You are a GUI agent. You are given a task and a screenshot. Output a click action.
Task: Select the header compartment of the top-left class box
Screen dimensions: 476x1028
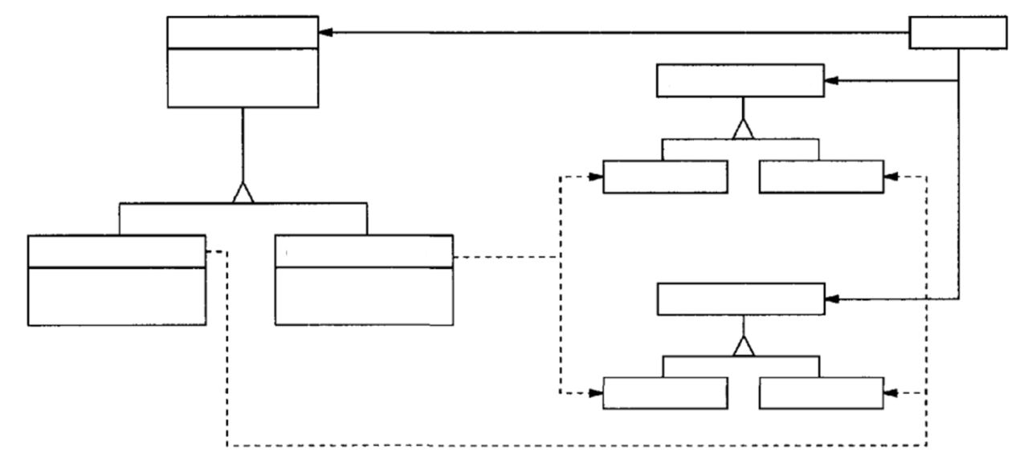[x=243, y=32]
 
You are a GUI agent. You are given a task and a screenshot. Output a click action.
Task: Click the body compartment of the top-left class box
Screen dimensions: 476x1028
[x=243, y=77]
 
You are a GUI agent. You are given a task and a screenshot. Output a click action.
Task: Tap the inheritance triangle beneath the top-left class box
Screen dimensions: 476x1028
[x=243, y=193]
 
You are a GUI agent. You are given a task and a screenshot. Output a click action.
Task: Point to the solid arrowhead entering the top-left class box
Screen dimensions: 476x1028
[x=325, y=32]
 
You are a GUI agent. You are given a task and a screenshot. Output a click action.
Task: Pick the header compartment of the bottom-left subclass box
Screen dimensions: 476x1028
[x=116, y=251]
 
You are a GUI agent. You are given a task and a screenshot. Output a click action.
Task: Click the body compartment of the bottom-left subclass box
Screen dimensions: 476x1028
[x=116, y=296]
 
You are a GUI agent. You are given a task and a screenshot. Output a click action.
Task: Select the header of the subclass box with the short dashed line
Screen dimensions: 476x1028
[x=364, y=251]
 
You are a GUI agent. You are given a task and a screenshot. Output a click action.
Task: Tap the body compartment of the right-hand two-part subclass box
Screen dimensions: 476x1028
[x=364, y=296]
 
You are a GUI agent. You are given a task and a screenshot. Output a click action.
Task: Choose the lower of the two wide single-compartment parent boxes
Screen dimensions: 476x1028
[x=740, y=299]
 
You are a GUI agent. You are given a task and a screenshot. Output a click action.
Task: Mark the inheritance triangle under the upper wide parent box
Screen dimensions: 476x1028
[x=744, y=128]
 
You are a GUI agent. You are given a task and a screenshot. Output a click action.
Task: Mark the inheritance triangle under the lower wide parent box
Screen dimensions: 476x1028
[x=744, y=348]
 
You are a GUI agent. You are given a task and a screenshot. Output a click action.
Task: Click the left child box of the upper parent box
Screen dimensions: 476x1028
[x=665, y=177]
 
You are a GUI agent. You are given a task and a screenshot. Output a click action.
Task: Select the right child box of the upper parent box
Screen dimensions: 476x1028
[x=820, y=177]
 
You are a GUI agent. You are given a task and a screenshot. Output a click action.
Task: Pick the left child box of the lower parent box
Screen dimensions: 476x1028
[x=665, y=393]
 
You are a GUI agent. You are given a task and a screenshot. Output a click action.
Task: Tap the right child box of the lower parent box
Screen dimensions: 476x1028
[x=820, y=393]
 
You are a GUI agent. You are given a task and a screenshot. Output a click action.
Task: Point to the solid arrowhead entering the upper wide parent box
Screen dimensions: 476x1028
[x=831, y=81]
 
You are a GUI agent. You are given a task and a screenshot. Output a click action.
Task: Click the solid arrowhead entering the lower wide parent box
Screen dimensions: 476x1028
[x=831, y=299]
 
